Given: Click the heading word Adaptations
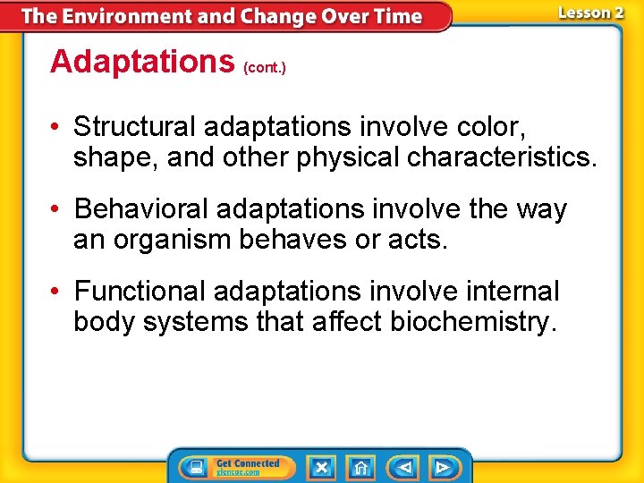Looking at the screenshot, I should coord(141,62).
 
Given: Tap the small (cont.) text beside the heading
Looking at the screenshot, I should coord(265,68).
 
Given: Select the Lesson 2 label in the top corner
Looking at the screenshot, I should coord(590,13).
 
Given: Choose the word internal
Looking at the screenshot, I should coord(508,292).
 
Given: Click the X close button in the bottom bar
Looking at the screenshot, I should coord(321,467).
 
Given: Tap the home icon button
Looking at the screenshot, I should coord(360,467).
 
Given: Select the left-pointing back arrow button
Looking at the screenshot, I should coord(405,467).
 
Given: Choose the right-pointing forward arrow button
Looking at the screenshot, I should coord(442,467).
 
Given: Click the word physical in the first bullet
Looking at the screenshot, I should coord(343,157).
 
